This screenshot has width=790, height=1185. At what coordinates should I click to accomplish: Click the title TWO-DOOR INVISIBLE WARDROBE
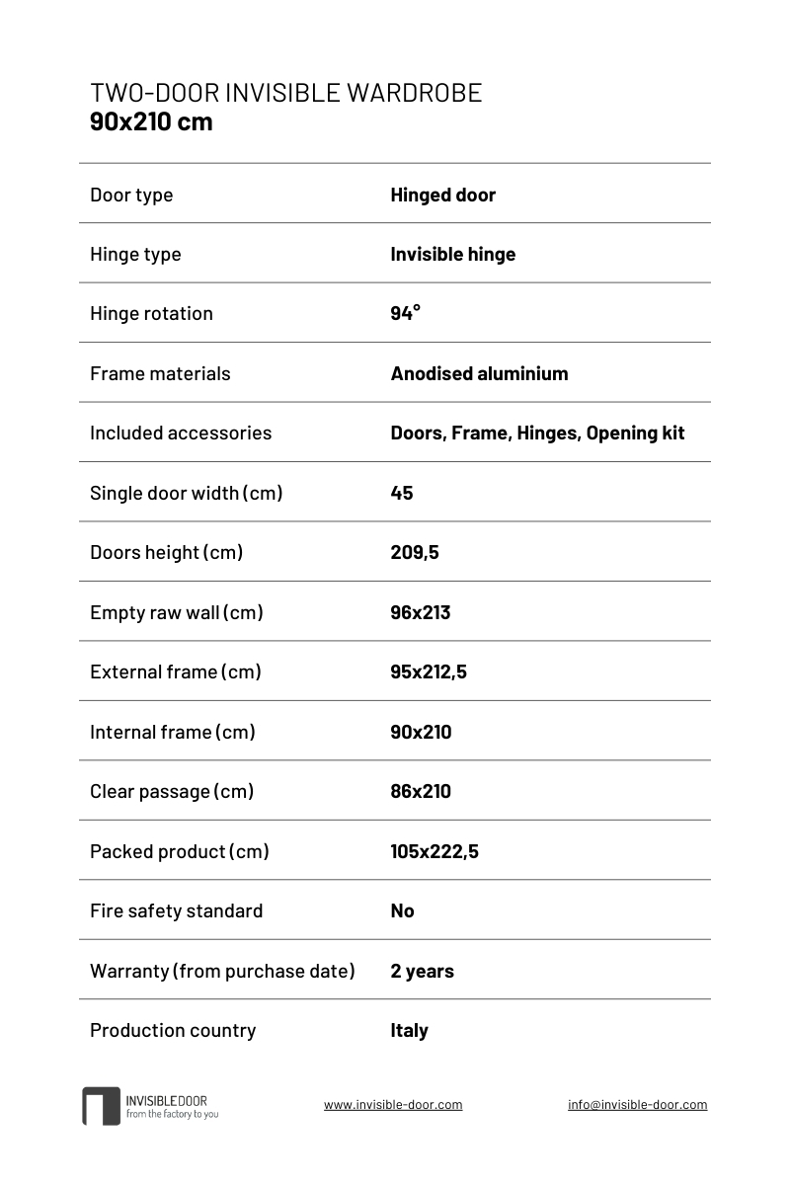[285, 93]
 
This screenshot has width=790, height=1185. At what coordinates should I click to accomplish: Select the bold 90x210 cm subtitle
[151, 122]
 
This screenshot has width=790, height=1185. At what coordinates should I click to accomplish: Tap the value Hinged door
[442, 195]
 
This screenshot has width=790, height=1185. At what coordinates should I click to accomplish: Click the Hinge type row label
[135, 254]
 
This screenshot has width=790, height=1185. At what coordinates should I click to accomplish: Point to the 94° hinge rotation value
[405, 313]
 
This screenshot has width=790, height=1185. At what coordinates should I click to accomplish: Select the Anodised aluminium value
[479, 373]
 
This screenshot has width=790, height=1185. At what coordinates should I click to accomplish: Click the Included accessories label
[180, 433]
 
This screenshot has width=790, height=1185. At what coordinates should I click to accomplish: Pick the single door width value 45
[402, 493]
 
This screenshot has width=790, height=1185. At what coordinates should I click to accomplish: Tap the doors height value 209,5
[415, 552]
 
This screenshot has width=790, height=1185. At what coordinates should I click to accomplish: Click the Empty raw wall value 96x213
[420, 612]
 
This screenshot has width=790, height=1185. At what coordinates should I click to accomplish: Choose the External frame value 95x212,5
[429, 671]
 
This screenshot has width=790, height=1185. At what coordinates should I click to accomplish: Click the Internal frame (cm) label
[172, 732]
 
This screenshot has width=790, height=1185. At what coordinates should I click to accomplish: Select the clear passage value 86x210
[421, 791]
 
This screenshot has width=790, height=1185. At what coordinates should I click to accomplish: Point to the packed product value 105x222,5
[434, 851]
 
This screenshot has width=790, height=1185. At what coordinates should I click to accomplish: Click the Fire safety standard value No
[402, 910]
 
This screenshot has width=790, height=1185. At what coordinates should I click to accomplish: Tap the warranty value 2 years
[422, 971]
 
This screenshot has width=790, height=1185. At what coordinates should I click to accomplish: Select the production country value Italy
[409, 1030]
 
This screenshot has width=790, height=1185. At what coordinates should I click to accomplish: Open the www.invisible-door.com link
[393, 1105]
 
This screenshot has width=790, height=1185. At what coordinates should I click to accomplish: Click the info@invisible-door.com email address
[637, 1105]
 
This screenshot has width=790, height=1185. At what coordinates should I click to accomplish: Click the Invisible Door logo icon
[101, 1106]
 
